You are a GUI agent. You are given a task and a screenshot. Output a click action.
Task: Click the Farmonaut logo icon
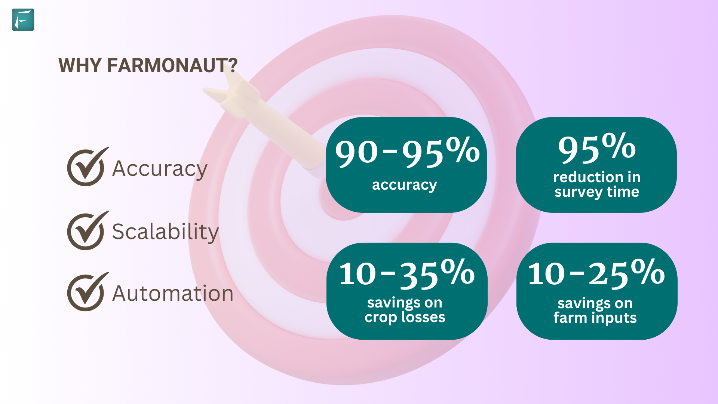pyautogui.click(x=23, y=19)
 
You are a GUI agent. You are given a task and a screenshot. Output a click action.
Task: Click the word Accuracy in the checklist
pyautogui.click(x=160, y=169)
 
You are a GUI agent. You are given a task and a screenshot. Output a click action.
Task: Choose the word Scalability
pyautogui.click(x=165, y=232)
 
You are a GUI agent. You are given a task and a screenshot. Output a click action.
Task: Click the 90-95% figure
pyautogui.click(x=407, y=152)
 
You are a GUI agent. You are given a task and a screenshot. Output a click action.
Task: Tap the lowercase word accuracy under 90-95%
pyautogui.click(x=404, y=185)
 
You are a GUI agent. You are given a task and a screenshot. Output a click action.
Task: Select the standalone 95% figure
pyautogui.click(x=597, y=148)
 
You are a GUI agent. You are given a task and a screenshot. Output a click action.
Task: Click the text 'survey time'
pyautogui.click(x=597, y=192)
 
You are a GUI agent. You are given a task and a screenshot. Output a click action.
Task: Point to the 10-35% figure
pyautogui.click(x=407, y=274)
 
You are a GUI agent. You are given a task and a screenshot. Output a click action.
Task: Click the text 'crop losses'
pyautogui.click(x=405, y=317)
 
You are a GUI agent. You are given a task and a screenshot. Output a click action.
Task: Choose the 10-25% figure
pyautogui.click(x=596, y=274)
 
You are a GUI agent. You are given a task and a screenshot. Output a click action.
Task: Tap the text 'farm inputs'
pyautogui.click(x=595, y=318)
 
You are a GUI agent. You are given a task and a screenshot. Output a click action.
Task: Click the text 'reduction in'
pyautogui.click(x=597, y=177)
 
